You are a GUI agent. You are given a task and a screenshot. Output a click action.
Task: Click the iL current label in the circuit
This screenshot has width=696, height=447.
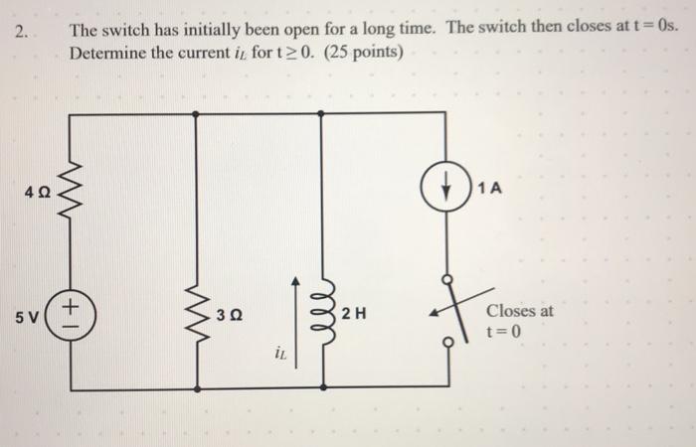[282, 352]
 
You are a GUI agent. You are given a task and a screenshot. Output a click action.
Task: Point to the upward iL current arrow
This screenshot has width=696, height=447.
[294, 308]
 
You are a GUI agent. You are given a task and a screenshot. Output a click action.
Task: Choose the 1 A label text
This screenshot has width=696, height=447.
[489, 189]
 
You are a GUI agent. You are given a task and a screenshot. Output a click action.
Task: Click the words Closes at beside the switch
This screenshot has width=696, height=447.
[520, 310]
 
